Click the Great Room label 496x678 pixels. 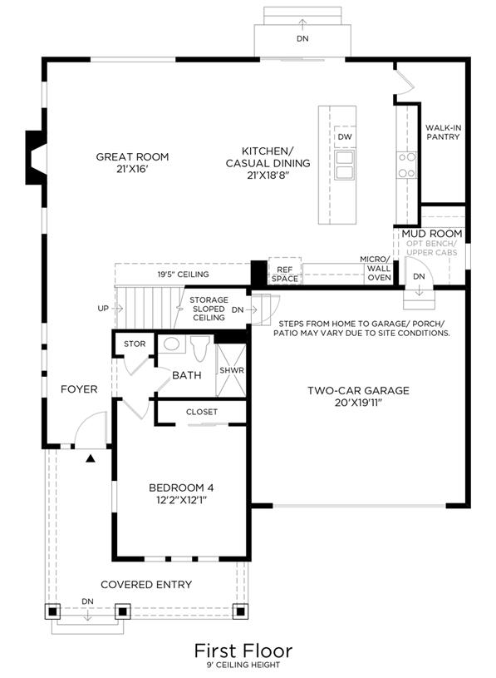pyautogui.click(x=132, y=162)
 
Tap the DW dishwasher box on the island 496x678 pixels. pyautogui.click(x=345, y=136)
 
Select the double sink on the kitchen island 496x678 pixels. pyautogui.click(x=345, y=165)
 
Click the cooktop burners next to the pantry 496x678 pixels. pyautogui.click(x=406, y=165)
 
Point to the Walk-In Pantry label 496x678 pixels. pyautogui.click(x=443, y=132)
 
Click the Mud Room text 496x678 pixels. pyautogui.click(x=432, y=234)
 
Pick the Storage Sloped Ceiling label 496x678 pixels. pyautogui.click(x=209, y=309)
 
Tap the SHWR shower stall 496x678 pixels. pyautogui.click(x=231, y=370)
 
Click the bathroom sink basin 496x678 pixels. pyautogui.click(x=172, y=344)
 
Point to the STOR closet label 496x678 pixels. pyautogui.click(x=135, y=344)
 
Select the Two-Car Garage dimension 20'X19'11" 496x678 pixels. pyautogui.click(x=358, y=403)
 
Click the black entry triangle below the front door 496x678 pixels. pyautogui.click(x=91, y=458)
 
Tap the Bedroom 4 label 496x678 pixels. pyautogui.click(x=181, y=494)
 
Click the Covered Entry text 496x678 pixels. pyautogui.click(x=146, y=585)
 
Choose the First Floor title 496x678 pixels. pyautogui.click(x=243, y=651)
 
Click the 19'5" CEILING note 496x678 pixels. pyautogui.click(x=183, y=275)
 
